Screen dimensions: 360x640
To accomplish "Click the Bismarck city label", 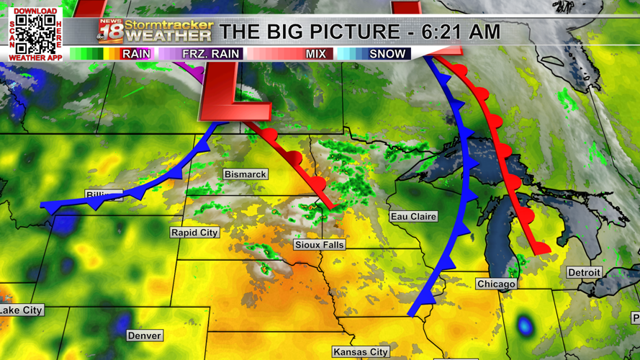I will [245, 174].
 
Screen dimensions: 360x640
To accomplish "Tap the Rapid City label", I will [194, 233].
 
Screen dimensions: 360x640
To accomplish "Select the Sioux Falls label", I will [320, 245].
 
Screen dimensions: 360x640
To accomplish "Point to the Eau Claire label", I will [413, 216].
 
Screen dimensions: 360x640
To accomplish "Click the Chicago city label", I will [496, 284].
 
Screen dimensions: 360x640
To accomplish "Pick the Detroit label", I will [584, 273].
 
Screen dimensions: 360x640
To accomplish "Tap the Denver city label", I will [144, 336].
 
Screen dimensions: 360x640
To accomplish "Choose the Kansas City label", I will [361, 352].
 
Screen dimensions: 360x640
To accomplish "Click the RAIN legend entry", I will [136, 54].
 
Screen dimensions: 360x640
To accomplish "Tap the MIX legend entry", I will [316, 54].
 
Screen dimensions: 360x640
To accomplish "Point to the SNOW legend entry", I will [387, 54].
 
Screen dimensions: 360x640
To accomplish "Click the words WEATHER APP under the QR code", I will [35, 57].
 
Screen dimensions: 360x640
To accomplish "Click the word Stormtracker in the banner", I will [169, 24].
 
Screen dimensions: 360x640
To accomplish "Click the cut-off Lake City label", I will [21, 310].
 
